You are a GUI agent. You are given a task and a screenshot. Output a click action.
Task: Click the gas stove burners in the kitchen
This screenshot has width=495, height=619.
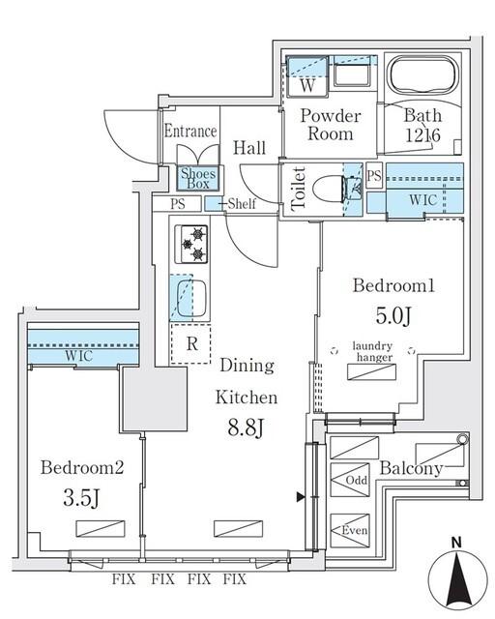(x=194, y=244)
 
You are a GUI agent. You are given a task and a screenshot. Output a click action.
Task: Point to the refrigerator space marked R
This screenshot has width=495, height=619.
(x=191, y=343)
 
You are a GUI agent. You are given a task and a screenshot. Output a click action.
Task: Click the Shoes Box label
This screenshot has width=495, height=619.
(x=201, y=178)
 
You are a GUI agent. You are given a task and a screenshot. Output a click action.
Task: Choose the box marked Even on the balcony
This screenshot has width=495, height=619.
(x=355, y=530)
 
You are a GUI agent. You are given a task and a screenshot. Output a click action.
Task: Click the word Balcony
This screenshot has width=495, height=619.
(x=411, y=470)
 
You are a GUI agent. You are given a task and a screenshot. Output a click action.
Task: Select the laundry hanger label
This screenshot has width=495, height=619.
(x=373, y=353)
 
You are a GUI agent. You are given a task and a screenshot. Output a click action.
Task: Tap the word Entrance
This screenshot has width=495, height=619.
(x=189, y=132)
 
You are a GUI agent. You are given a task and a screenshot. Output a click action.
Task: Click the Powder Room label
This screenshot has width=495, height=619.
(x=330, y=125)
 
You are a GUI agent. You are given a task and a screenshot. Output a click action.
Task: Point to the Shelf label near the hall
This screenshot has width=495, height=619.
(x=242, y=204)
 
